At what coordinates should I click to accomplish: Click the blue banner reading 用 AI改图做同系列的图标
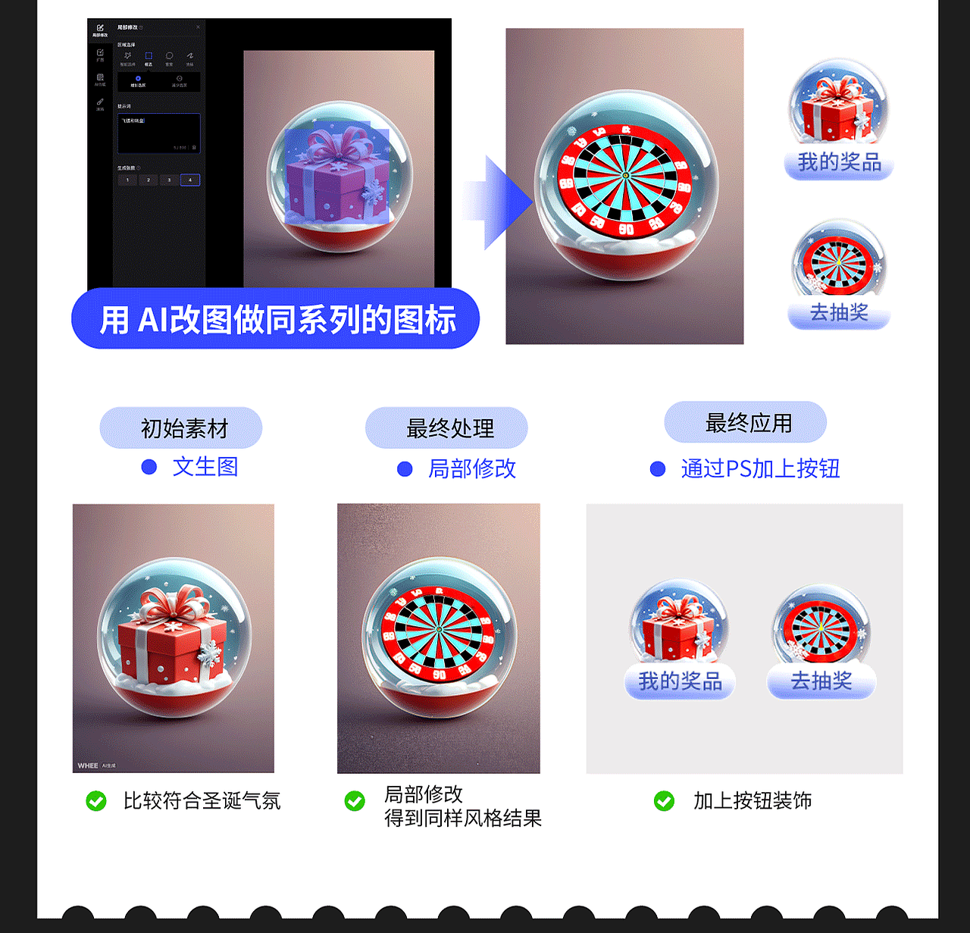(276, 319)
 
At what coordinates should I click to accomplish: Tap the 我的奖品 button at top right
(839, 162)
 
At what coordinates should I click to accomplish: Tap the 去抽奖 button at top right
(839, 312)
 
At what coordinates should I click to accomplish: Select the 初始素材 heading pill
(181, 428)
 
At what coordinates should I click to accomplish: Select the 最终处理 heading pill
(446, 428)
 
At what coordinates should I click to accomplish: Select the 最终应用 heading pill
(746, 423)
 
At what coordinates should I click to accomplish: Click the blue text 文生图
(205, 467)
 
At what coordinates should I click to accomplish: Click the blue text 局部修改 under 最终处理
(472, 468)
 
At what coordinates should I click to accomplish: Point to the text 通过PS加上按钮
(760, 468)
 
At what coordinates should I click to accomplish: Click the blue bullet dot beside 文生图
(149, 467)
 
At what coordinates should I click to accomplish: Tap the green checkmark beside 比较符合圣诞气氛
(96, 800)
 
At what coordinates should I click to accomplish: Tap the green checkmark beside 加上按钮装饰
(665, 800)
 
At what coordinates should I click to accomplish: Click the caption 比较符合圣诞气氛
(202, 800)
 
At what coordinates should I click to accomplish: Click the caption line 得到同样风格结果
(463, 819)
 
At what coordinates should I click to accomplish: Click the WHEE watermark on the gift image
(88, 765)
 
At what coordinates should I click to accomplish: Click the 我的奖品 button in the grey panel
(680, 681)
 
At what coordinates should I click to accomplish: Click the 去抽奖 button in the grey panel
(821, 681)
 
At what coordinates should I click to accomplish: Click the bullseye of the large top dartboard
(626, 175)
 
